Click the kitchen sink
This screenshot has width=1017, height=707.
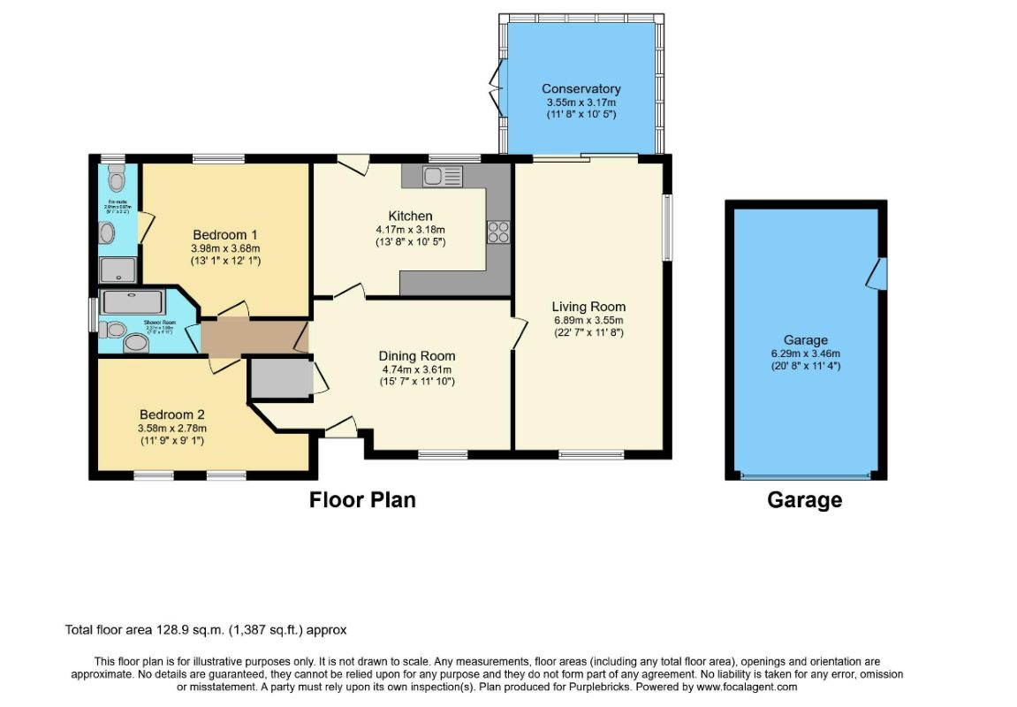[442, 177]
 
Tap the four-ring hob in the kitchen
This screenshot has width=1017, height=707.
[497, 232]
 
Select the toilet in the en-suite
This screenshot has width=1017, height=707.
[116, 180]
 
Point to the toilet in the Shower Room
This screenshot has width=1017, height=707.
[111, 331]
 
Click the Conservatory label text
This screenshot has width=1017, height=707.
[581, 88]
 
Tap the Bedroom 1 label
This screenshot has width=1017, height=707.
[225, 234]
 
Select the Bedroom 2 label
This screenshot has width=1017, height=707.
[172, 414]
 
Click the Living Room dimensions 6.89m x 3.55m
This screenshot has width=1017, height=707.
[588, 320]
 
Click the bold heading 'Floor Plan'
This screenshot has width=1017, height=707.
[362, 500]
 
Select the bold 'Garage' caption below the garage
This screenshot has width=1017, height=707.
[804, 500]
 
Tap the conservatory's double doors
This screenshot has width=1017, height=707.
[495, 88]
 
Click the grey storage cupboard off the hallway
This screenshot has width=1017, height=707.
[280, 378]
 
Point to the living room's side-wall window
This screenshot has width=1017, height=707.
[667, 227]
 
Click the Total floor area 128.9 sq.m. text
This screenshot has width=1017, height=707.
[206, 630]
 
